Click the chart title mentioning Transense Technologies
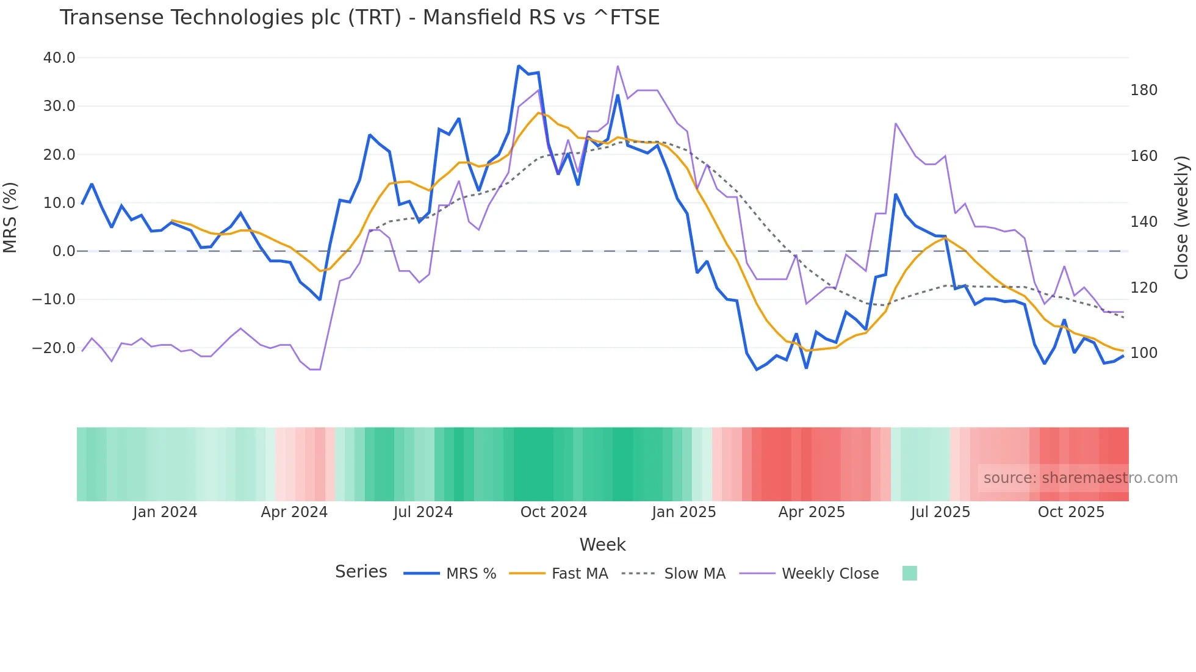(359, 17)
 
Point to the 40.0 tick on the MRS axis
(59, 58)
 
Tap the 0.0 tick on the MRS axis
(63, 251)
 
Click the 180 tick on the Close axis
(1144, 90)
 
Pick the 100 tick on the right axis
(1144, 353)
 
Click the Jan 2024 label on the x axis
(165, 512)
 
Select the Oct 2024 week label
(553, 512)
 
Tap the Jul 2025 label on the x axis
(940, 512)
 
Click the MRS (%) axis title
(10, 217)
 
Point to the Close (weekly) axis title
(1182, 217)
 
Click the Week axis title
(602, 545)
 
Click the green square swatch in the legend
(909, 573)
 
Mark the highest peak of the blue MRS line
(519, 66)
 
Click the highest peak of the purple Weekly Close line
(618, 66)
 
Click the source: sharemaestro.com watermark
(1080, 478)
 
